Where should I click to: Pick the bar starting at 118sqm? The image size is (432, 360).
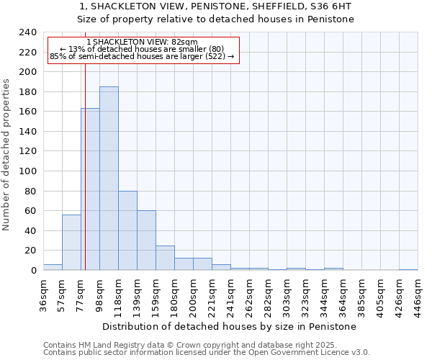(x=127, y=230)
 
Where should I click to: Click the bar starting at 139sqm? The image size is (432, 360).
(x=146, y=240)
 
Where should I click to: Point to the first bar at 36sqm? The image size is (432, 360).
(x=53, y=267)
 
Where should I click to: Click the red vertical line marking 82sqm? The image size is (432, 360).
(x=85, y=166)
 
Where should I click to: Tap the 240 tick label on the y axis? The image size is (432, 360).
(x=27, y=32)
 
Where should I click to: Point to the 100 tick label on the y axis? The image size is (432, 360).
(x=27, y=72)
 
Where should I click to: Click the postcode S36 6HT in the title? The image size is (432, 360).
(x=330, y=6)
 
